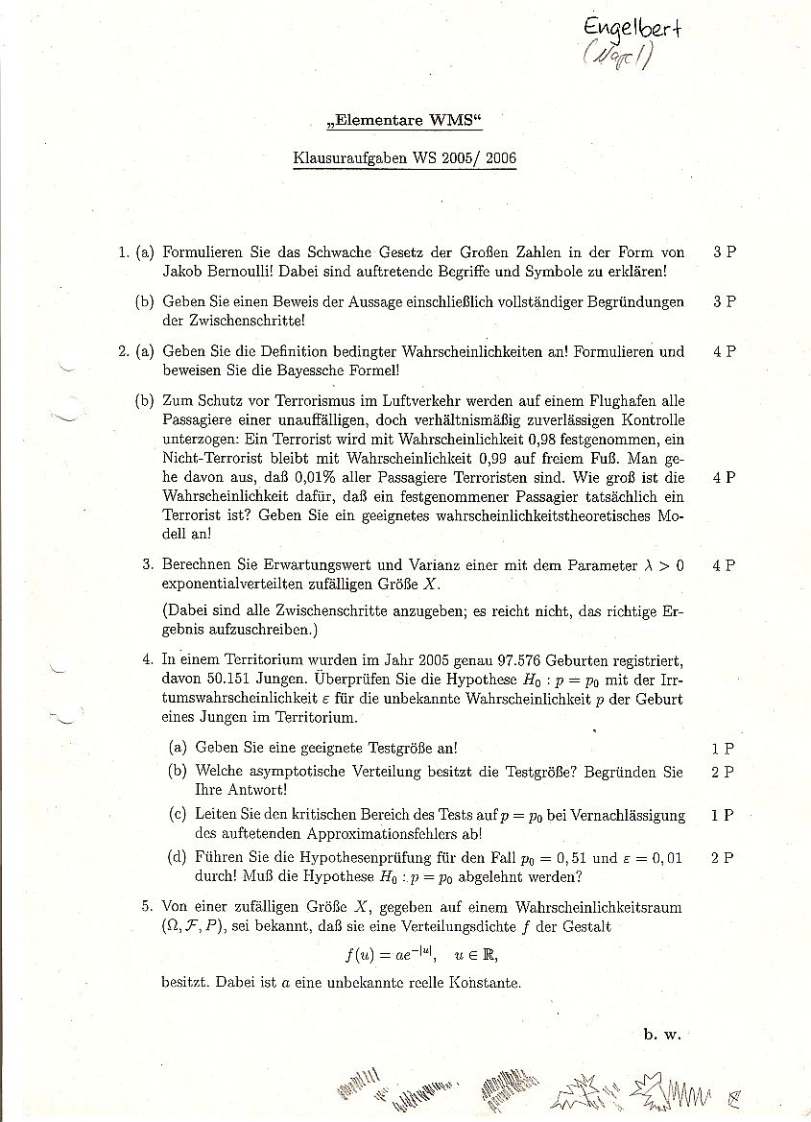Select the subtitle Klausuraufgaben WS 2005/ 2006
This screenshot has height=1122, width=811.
404,159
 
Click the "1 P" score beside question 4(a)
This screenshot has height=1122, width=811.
723,748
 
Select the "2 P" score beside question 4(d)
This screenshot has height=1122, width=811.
723,858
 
